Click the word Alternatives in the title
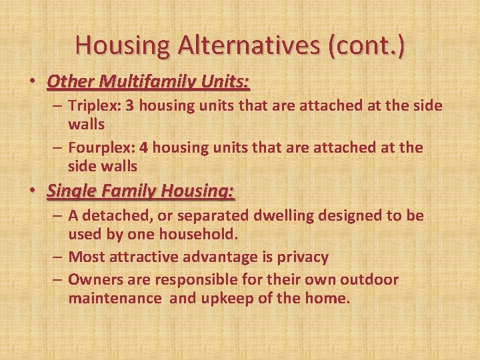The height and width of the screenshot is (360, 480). tap(251, 45)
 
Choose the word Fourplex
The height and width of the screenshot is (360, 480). tap(99, 147)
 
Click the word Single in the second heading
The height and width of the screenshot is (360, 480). tap(72, 192)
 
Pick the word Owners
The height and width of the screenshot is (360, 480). tap(93, 279)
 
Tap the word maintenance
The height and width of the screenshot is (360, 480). tap(115, 298)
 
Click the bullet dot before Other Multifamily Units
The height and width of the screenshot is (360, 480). tap(32, 83)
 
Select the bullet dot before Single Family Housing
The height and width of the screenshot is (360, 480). tap(32, 193)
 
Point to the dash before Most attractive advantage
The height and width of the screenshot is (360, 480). tap(57, 257)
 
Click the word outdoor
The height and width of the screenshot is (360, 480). tap(369, 279)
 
